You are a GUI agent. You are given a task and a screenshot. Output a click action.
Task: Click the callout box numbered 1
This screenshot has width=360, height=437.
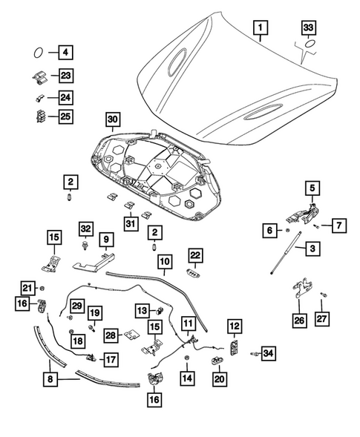click(261, 27)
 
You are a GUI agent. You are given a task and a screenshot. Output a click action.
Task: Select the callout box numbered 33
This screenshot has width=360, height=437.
click(308, 27)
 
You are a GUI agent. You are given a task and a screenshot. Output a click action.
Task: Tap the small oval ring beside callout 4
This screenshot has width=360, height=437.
click(38, 53)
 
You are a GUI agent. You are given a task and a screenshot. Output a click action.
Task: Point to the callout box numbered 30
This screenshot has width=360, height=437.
click(113, 119)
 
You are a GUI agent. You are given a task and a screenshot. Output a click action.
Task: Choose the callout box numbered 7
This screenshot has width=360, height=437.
click(338, 226)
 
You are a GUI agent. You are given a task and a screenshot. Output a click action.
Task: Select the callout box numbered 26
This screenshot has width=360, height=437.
click(299, 320)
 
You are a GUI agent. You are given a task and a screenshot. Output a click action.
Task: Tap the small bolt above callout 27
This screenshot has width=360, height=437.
click(323, 295)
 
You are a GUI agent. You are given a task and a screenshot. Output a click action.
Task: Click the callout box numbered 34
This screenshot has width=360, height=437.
click(268, 353)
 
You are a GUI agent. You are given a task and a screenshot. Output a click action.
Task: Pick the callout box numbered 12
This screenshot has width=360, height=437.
click(235, 326)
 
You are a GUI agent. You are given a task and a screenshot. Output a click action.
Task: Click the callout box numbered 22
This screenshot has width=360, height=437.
click(195, 255)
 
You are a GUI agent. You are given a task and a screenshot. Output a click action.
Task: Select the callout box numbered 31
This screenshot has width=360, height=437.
click(131, 223)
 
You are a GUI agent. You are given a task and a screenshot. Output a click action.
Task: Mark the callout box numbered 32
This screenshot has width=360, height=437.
click(85, 229)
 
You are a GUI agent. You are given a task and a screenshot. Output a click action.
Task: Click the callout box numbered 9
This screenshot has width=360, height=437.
click(106, 239)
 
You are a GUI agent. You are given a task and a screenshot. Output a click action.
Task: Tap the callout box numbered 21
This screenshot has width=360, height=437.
click(27, 288)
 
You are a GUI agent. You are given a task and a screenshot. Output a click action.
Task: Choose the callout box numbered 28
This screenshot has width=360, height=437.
click(111, 335)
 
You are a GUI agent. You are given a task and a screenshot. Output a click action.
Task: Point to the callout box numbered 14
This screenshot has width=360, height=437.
click(187, 378)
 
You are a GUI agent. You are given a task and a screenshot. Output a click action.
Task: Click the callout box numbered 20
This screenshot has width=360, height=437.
click(220, 379)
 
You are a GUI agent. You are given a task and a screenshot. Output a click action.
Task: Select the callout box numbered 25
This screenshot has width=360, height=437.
click(65, 116)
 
